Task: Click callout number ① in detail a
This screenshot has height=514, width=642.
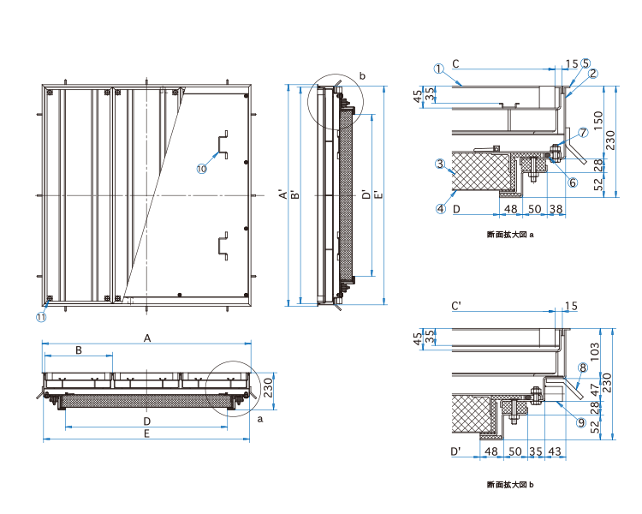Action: (437, 69)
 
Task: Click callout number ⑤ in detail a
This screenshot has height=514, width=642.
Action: (586, 63)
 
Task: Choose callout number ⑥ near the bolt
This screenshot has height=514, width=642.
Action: (573, 182)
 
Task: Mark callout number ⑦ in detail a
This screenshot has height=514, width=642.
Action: (583, 133)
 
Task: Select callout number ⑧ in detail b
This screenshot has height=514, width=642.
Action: (582, 368)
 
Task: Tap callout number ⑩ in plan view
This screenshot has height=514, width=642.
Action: (201, 169)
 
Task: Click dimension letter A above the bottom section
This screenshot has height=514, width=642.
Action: (147, 339)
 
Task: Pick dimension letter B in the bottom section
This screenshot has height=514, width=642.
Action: (78, 351)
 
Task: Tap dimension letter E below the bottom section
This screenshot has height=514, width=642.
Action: (147, 434)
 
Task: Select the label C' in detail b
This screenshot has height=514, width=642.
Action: (456, 306)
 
